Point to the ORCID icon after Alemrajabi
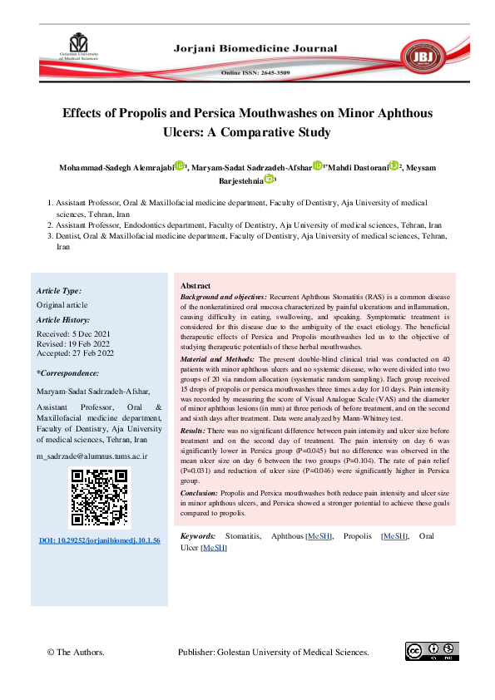(179, 166)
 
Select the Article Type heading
(59, 291)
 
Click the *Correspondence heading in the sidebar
(68, 374)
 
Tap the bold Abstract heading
(196, 285)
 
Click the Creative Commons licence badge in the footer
(426, 651)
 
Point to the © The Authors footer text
(75, 653)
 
